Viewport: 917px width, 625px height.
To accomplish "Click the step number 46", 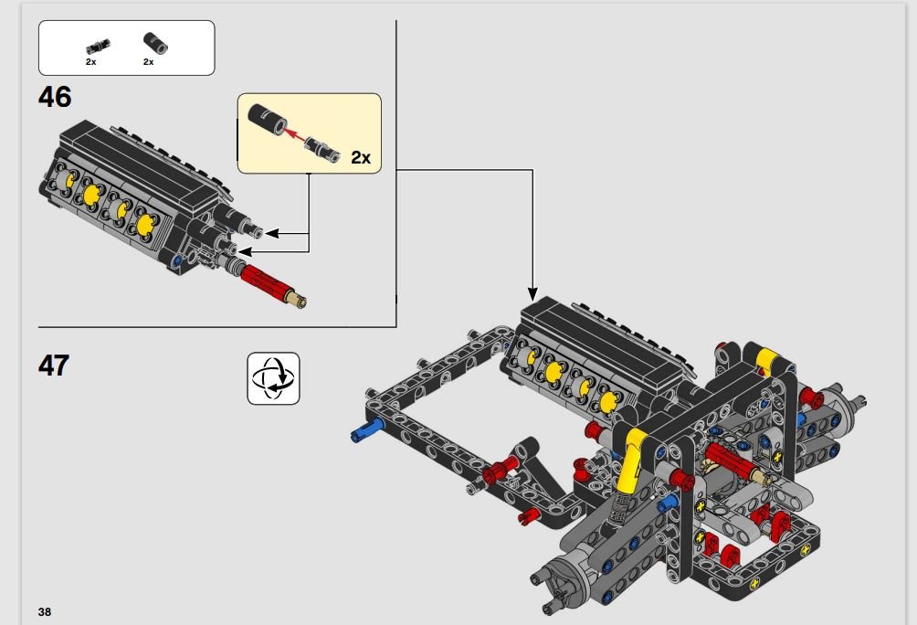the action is coord(55,97).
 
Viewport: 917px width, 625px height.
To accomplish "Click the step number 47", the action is coord(54,365).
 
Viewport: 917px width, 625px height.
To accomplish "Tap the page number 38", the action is coord(45,611).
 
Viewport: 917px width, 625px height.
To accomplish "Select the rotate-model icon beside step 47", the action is coord(273,378).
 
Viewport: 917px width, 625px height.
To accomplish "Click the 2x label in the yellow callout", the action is coord(361,157).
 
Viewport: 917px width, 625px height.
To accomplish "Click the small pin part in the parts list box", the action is coord(98,47).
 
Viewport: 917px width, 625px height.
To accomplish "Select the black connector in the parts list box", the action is coord(155,43).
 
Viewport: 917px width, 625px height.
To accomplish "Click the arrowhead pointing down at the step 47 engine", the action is coord(532,294).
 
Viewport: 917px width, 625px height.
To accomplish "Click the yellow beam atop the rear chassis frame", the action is coord(766,359).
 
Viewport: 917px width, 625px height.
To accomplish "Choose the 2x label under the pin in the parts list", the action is coord(90,61).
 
